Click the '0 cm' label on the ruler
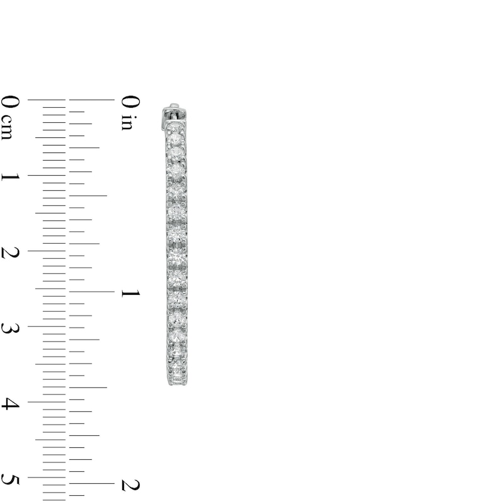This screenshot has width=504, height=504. (10, 117)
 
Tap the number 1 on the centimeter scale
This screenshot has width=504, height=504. (10, 176)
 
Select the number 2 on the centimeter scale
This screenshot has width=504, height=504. (10, 253)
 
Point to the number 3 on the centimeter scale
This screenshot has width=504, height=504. (10, 328)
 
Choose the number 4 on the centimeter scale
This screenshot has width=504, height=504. (10, 404)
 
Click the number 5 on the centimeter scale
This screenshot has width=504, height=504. (10, 479)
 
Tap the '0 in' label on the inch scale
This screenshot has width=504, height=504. (130, 113)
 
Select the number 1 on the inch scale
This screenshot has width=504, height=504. (130, 293)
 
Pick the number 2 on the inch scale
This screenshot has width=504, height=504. (130, 485)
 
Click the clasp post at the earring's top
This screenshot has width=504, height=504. (174, 113)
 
